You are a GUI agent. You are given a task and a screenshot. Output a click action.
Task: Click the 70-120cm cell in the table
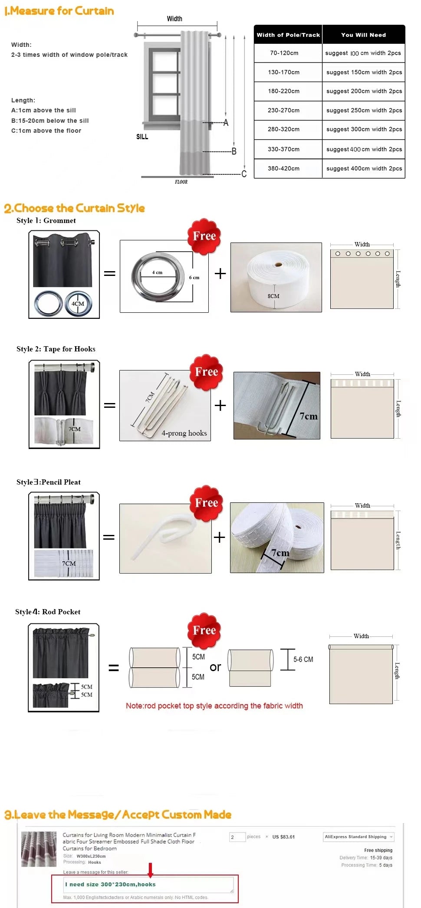coord(284,53)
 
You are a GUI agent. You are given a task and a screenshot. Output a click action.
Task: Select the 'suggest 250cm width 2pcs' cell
coord(364,110)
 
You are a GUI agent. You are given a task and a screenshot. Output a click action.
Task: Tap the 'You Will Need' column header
coord(363,35)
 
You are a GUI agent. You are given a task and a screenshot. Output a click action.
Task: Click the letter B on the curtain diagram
coord(234,151)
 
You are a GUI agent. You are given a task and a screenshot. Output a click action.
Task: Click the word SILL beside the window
coord(142,137)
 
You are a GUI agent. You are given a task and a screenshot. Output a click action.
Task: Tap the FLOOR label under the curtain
coord(181,182)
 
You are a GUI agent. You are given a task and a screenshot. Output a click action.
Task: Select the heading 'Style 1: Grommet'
coord(46,220)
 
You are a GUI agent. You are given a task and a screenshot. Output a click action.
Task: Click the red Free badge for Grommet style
coord(204,236)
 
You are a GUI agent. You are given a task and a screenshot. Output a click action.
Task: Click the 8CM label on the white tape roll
coord(273,296)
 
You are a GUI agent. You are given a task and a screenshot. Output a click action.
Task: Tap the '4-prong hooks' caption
coord(184,433)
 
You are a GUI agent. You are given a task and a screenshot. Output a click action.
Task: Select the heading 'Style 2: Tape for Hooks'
coord(56,349)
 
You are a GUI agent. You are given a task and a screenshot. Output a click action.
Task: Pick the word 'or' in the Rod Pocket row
coord(215,667)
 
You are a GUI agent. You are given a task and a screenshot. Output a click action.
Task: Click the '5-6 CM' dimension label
coord(303,659)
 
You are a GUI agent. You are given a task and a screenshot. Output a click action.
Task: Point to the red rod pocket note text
coord(214,706)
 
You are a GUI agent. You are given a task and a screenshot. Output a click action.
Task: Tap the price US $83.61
coord(283,837)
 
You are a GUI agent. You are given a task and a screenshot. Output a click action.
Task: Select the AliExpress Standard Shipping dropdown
coord(359,837)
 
